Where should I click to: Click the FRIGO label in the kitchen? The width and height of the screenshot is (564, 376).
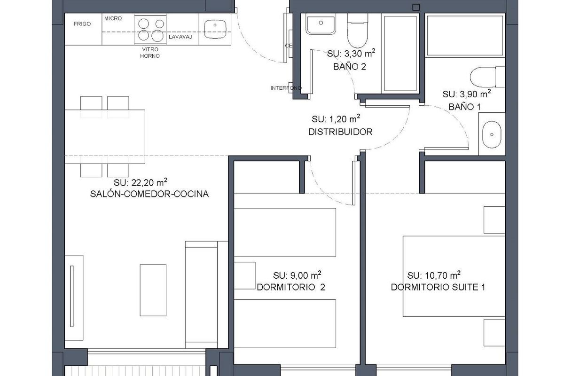pos(82,24)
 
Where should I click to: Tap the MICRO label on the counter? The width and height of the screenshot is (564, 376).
pos(113,18)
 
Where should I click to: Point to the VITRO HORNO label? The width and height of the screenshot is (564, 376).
pos(149,52)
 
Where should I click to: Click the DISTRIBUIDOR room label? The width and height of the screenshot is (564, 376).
pos(340,132)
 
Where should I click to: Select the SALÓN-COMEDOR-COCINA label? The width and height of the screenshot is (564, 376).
pos(149,194)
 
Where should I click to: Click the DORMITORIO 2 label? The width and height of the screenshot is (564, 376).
pos(290,287)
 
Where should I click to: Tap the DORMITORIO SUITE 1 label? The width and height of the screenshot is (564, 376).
pos(438,287)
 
